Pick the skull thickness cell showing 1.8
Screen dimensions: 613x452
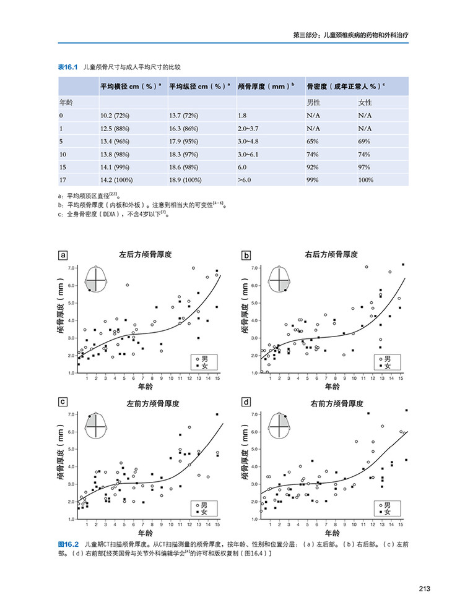(x=242, y=115)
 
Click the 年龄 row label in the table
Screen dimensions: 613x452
(x=67, y=102)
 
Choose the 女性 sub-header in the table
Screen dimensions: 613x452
(x=365, y=102)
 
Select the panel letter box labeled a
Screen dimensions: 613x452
(x=63, y=255)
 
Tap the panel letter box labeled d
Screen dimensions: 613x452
(x=246, y=403)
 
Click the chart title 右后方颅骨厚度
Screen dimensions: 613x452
(x=331, y=254)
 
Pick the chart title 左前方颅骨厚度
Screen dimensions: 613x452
(x=153, y=403)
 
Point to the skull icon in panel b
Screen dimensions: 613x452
(x=282, y=278)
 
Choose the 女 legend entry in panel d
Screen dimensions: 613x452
(x=387, y=513)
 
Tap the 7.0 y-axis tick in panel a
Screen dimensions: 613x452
(x=71, y=268)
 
